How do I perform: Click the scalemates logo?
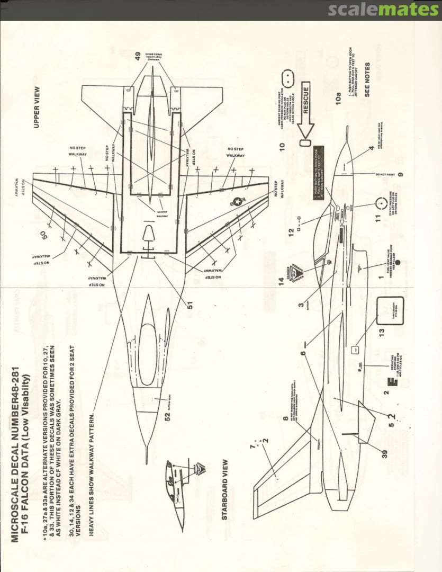(x=383, y=9)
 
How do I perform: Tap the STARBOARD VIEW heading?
(x=224, y=489)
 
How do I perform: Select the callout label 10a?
(x=339, y=100)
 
